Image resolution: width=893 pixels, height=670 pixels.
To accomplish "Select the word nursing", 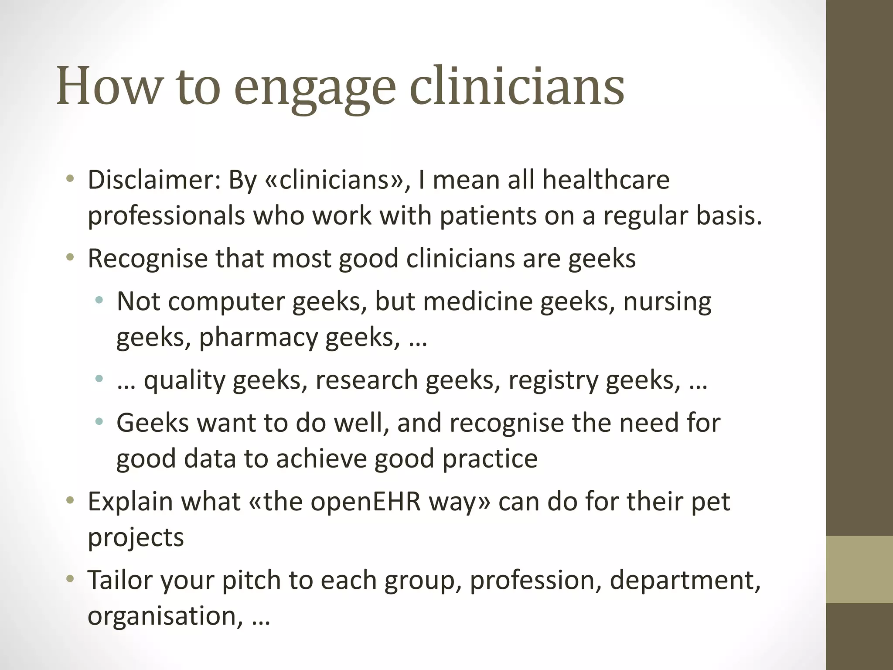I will [667, 302].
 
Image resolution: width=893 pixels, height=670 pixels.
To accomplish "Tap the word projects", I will [136, 537].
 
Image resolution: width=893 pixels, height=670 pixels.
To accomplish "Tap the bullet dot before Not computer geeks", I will [99, 301].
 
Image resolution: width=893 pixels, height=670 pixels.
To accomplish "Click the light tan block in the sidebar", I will [859, 569].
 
